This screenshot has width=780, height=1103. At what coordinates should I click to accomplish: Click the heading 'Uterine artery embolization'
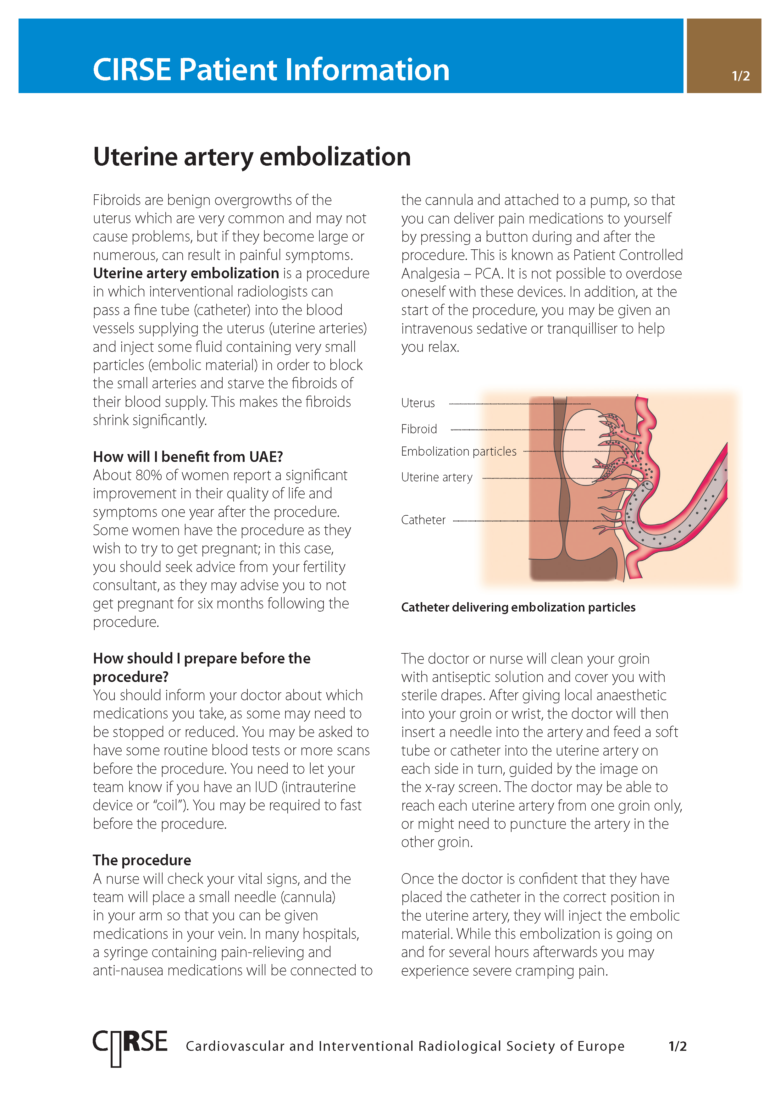pyautogui.click(x=252, y=157)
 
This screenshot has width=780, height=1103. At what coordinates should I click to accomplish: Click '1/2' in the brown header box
pyautogui.click(x=740, y=76)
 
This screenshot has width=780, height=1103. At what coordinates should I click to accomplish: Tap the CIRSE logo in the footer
pyautogui.click(x=130, y=1046)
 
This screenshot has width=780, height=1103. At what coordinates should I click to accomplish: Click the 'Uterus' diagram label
pyautogui.click(x=418, y=403)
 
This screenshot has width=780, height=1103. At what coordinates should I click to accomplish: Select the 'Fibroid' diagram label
pyautogui.click(x=419, y=429)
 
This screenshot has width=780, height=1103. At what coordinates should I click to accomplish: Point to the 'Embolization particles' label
pyautogui.click(x=459, y=452)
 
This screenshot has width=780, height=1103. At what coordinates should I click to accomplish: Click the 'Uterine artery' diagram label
pyautogui.click(x=437, y=478)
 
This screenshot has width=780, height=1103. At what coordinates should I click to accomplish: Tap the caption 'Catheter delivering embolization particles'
pyautogui.click(x=518, y=607)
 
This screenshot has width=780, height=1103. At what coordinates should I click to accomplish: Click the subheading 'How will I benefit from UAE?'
pyautogui.click(x=188, y=457)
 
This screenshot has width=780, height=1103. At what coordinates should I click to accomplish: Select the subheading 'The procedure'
pyautogui.click(x=142, y=860)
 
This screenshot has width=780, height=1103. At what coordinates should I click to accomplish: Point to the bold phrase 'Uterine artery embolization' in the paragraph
pyautogui.click(x=186, y=273)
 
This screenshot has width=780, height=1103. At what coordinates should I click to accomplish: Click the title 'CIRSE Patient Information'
pyautogui.click(x=271, y=70)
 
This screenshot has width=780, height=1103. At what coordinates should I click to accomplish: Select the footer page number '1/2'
pyautogui.click(x=677, y=1046)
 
